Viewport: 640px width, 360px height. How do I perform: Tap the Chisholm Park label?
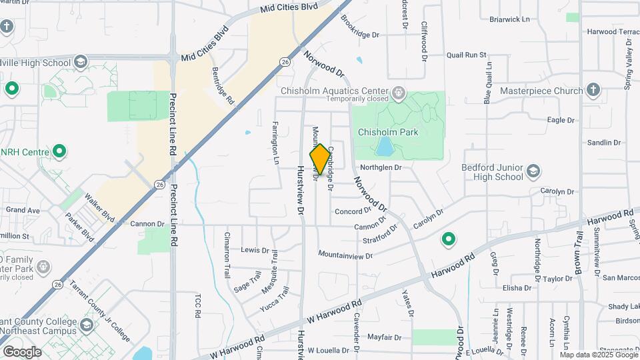(388, 132)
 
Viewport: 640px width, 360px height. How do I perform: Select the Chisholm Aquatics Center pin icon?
(399, 91)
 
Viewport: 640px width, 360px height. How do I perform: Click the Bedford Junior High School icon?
(533, 172)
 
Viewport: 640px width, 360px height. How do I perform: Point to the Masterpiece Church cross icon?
(593, 91)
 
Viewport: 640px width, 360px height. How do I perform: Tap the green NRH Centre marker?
(59, 152)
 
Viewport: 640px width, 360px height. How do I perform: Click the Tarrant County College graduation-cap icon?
(86, 325)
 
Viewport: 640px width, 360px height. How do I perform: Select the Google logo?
(22, 352)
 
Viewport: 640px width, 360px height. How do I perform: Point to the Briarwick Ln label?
(509, 19)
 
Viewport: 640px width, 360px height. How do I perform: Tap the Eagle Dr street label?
(560, 120)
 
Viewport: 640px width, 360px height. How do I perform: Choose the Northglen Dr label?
(381, 168)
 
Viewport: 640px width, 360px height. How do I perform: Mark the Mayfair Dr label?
(383, 337)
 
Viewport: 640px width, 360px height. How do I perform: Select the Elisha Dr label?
(517, 288)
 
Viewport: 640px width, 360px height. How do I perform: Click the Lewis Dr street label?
(255, 250)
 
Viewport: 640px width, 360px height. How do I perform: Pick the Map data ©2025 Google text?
(599, 354)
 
